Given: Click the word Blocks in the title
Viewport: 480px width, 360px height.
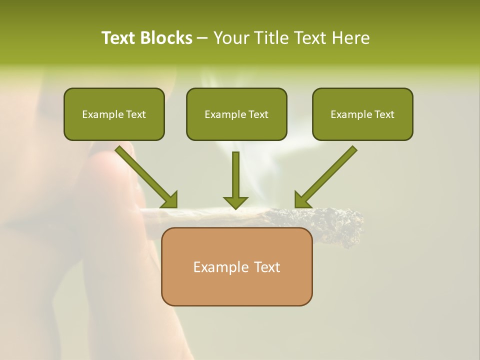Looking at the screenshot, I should click(166, 38).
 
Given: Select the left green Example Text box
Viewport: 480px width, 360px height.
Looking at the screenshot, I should click(114, 114).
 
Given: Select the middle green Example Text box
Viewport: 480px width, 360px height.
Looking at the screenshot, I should click(236, 114).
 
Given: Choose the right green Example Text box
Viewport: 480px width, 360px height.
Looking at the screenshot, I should click(362, 114).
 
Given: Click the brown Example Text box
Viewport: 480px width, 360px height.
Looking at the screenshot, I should click(236, 266).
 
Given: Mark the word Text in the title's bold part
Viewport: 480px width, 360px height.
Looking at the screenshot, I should click(119, 38).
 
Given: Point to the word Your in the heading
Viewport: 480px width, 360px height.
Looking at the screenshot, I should click(230, 38).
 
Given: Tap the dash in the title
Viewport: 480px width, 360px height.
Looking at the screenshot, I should click(202, 38).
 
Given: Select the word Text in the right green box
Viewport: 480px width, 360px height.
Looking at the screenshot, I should click(384, 114).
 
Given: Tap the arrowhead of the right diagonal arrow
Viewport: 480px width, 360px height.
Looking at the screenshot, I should click(302, 200).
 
